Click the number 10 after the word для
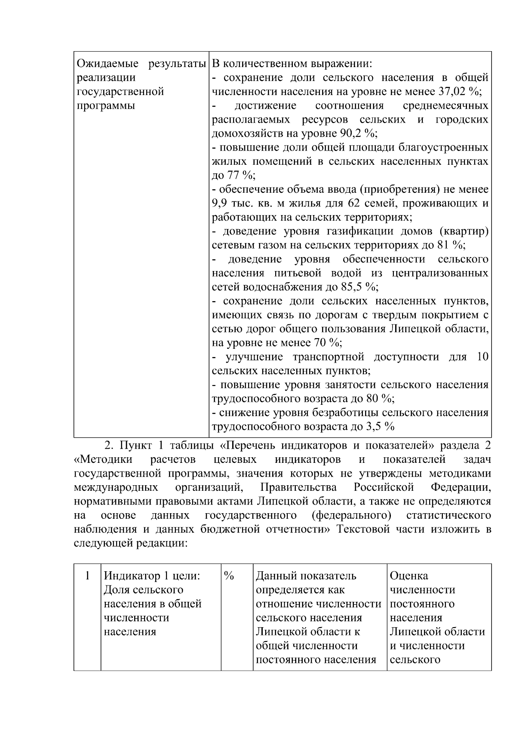[x=482, y=357]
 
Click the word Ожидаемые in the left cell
[x=107, y=64]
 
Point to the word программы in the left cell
[x=106, y=106]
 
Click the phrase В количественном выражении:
[x=292, y=64]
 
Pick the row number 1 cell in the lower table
[x=88, y=576]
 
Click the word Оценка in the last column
[x=409, y=576]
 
